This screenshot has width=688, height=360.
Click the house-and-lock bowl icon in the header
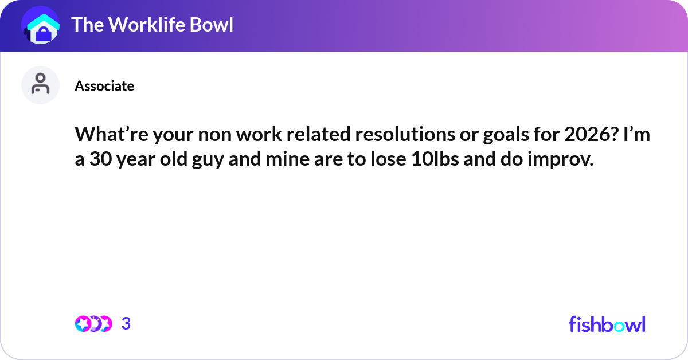pos(41,25)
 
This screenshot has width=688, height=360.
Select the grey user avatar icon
pos(40,85)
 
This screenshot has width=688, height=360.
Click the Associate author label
pos(104,86)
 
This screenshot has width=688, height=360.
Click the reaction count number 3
pos(126,324)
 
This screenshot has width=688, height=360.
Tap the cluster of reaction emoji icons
pos(93,324)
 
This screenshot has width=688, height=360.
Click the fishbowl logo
pos(607,324)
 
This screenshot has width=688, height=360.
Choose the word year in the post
pos(136,159)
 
